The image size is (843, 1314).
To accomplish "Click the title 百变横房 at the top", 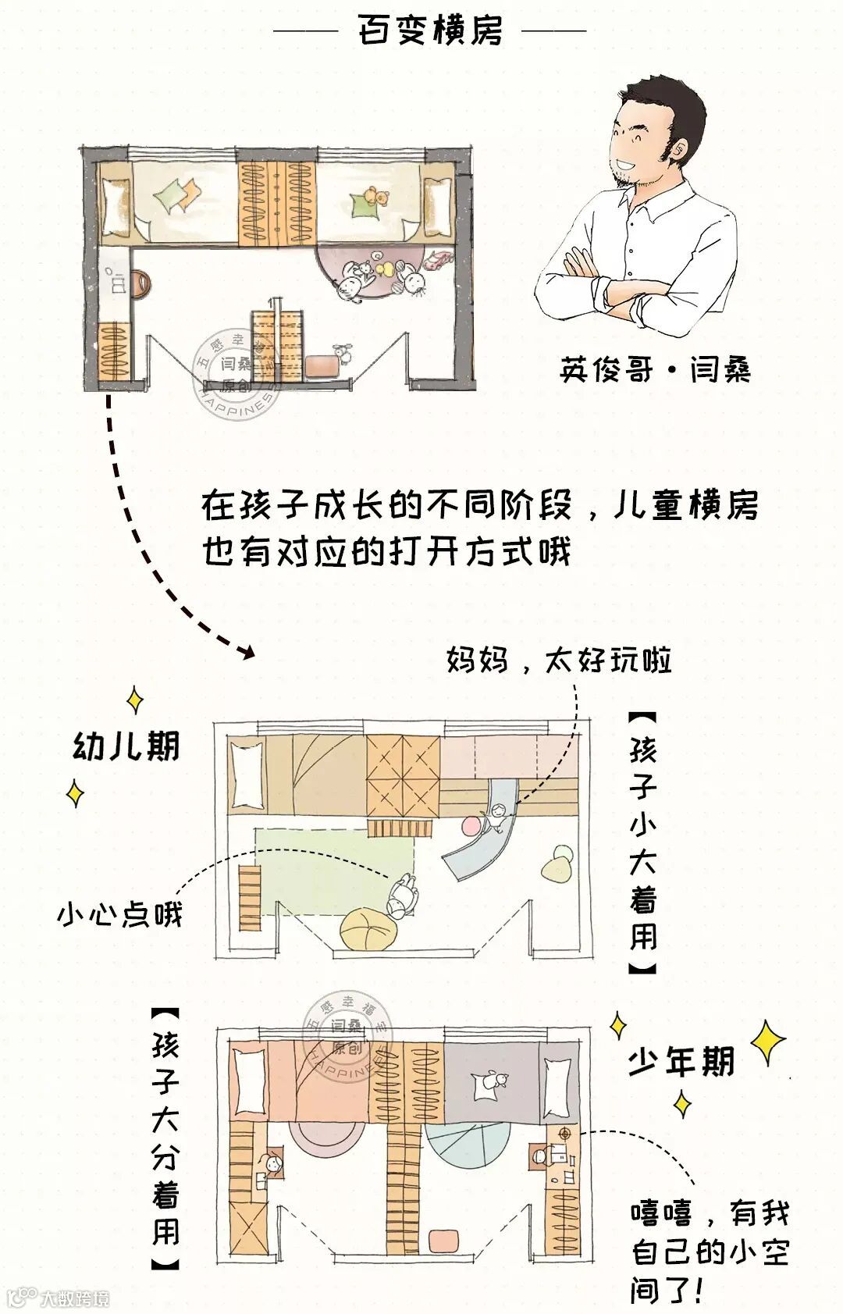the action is pos(430,31).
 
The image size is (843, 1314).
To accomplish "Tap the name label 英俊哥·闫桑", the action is pos(655,369).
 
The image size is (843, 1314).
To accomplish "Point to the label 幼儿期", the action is pos(126,746).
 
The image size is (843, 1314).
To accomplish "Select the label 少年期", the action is pos(681,1062).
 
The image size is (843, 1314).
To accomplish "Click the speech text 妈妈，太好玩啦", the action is pos(559,661).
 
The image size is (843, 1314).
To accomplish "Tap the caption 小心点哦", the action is pos(119,913).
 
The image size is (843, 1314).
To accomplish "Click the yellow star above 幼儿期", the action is pos(135,699).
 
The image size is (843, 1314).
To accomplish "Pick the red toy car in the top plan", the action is pos(437,260).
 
